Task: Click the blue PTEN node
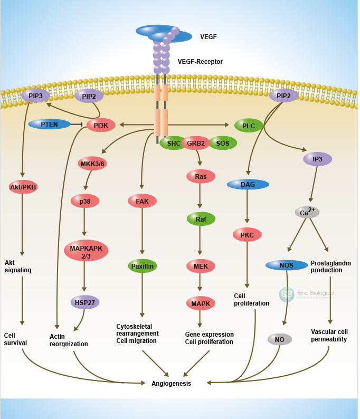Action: (49, 124)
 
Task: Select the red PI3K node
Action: (101, 125)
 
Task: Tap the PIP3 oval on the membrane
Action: (35, 96)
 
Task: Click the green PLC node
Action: (249, 126)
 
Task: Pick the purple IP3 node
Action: (318, 159)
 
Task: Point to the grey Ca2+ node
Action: (307, 212)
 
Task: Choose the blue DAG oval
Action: (248, 184)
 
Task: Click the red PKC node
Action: (247, 234)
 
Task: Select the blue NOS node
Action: (287, 264)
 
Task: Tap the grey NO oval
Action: (280, 339)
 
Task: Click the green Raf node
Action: (201, 218)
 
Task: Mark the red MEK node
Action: (201, 266)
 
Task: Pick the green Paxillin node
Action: (143, 266)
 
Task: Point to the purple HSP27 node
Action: (85, 302)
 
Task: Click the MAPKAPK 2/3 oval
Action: (86, 250)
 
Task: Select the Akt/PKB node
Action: (23, 187)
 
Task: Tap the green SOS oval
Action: (223, 143)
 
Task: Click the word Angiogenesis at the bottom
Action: (171, 384)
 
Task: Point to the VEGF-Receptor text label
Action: (200, 62)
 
